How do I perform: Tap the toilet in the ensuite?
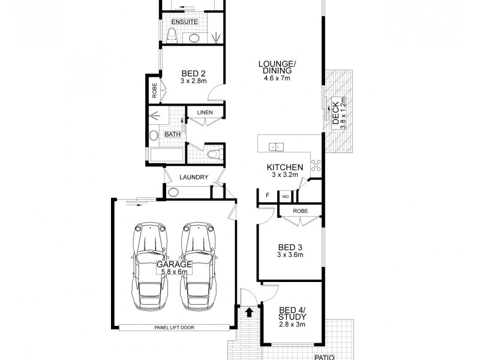click(x=172, y=37)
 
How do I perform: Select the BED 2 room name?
click(x=193, y=73)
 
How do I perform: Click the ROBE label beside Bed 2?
click(x=154, y=91)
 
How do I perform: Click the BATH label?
click(x=173, y=134)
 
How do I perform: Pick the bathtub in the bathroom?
click(x=166, y=155)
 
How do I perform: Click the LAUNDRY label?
click(x=193, y=177)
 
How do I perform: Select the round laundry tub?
click(x=173, y=193)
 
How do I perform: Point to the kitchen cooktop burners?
click(x=316, y=166)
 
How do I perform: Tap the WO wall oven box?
click(x=286, y=196)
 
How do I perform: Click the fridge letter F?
click(x=267, y=195)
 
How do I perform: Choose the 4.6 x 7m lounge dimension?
click(x=277, y=78)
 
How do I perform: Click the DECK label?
click(x=335, y=117)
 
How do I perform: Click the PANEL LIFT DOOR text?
click(x=174, y=327)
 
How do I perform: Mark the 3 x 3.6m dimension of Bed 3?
click(x=290, y=254)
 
